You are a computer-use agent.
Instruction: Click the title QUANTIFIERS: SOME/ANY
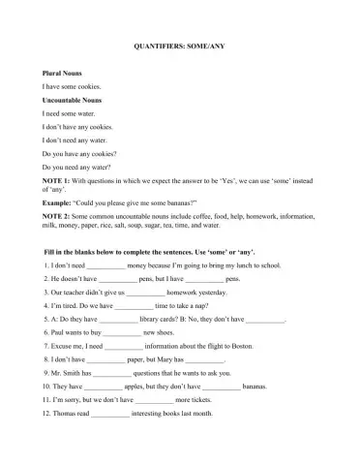click(179, 46)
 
